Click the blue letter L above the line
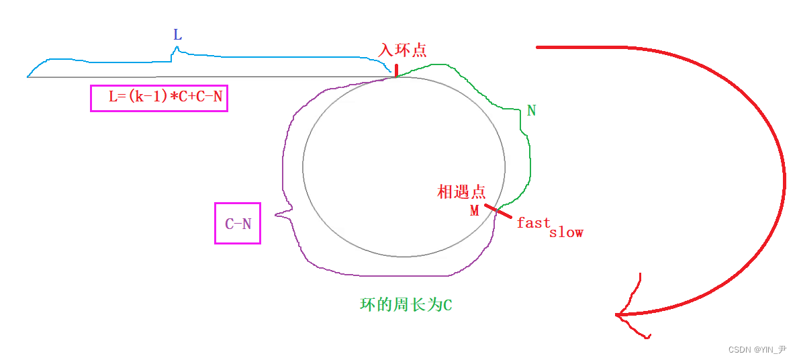tap(177, 34)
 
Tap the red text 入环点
tap(403, 50)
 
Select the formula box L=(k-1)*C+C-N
tap(159, 97)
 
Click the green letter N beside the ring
tap(531, 111)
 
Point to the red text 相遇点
tap(461, 191)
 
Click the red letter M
tap(475, 211)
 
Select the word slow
tap(566, 232)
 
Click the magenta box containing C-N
tap(238, 224)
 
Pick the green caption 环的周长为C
tap(406, 304)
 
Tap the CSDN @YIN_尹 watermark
tap(757, 349)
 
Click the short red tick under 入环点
tap(396, 70)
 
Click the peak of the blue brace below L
tap(177, 48)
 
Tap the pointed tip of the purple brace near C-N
tap(276, 216)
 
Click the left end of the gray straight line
tap(28, 77)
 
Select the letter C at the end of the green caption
tap(447, 305)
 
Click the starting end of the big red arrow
tap(538, 47)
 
